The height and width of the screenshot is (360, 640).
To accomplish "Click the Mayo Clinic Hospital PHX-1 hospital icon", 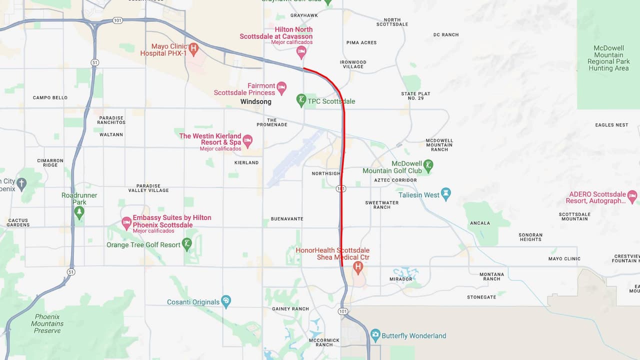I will point(193,48).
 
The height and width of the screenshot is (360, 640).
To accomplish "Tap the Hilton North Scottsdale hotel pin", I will point(301,51).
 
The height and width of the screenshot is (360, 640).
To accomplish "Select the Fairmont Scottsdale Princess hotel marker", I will point(281,88).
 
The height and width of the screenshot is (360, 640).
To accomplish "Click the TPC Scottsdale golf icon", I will point(301,100).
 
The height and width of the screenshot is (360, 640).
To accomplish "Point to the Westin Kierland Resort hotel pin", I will point(247,139).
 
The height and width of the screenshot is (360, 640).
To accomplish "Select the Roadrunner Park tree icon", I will point(79,212).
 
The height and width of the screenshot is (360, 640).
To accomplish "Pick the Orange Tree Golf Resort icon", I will point(187,244).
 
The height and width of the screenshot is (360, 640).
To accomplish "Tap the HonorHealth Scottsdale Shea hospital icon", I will point(357,267).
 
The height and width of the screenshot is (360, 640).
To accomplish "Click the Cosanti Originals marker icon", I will point(226,301).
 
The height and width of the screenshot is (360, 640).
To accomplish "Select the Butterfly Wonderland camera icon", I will point(375,335).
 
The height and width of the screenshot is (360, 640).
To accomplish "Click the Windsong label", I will point(255,101).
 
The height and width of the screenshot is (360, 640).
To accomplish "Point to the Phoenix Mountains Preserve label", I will point(47,323).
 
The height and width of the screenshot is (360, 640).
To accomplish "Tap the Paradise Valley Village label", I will point(148,188).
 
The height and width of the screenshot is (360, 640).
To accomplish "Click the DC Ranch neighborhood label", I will point(446,35).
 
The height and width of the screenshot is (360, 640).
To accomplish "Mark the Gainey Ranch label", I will point(290,309).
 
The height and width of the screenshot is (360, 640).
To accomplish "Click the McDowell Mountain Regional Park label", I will point(608,58).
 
